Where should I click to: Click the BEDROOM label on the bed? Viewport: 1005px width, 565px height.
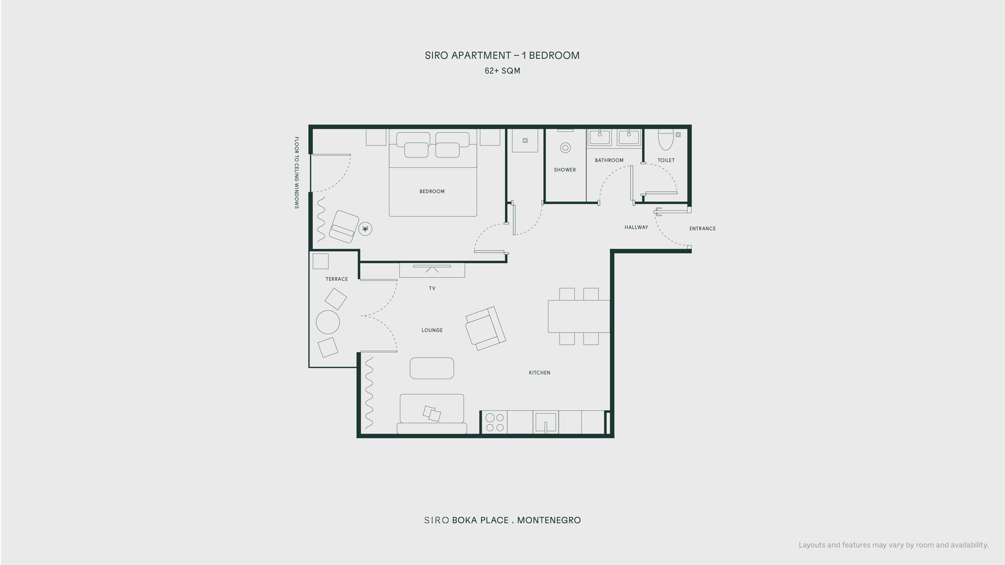432,191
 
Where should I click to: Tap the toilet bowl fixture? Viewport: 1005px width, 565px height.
666,138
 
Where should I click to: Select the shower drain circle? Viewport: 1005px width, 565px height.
565,148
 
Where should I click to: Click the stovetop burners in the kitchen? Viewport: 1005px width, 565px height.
495,423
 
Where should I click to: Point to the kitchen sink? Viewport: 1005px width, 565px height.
545,423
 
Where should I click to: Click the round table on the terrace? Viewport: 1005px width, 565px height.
328,322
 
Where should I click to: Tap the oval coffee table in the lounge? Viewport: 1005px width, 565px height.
432,368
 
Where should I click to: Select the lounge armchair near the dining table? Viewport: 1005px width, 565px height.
485,329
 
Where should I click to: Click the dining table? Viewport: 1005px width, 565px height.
579,316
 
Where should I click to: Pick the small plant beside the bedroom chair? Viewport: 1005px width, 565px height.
365,229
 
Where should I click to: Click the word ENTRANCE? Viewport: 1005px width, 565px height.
702,229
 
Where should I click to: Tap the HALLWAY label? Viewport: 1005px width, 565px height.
636,228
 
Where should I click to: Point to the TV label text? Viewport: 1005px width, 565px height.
432,288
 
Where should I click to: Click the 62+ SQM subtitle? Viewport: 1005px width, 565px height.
502,71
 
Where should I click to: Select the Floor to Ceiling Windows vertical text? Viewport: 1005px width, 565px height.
296,173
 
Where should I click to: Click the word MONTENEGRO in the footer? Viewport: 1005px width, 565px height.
549,520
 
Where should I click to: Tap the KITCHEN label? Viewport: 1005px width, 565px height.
540,373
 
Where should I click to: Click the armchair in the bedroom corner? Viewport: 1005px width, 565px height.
344,227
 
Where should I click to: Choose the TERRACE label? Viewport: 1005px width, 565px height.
337,279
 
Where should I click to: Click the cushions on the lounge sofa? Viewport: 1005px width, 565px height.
432,414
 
